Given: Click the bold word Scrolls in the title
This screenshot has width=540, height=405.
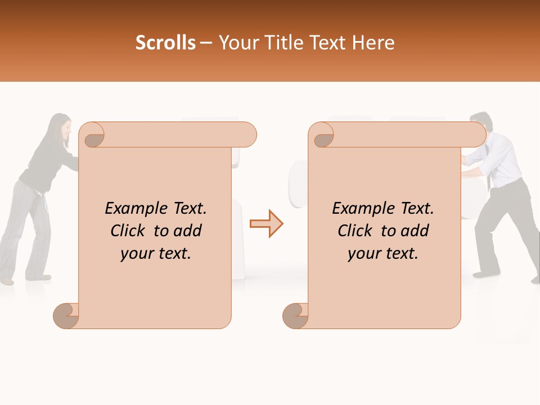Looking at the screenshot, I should tap(166, 43).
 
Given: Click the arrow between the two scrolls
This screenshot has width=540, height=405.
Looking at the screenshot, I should tap(267, 223).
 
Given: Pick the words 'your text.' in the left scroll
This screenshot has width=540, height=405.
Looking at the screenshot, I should tap(156, 254).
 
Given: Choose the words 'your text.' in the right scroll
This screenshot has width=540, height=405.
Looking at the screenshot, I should tap(383, 254).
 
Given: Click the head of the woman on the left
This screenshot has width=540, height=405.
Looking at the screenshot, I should tap(61, 129).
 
